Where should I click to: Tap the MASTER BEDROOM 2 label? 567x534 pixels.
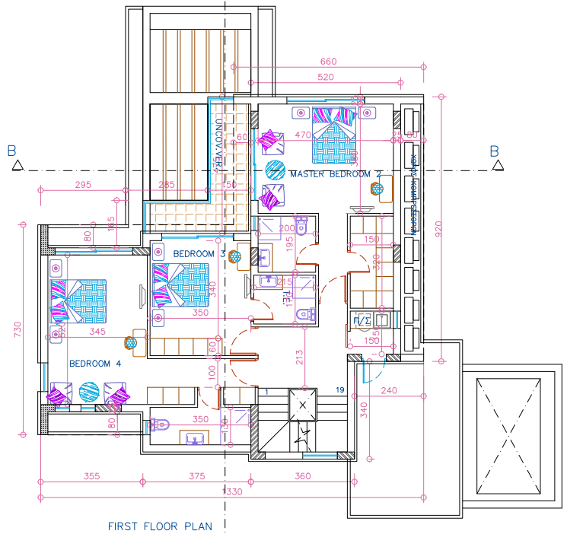pyautogui.click(x=336, y=174)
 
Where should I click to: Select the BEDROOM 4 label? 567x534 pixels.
pyautogui.click(x=95, y=363)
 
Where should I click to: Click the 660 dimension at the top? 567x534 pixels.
pyautogui.click(x=328, y=62)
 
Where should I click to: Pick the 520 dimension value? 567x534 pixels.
pyautogui.click(x=325, y=78)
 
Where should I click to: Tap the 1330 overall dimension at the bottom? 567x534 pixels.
pyautogui.click(x=232, y=493)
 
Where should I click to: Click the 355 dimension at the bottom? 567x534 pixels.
pyautogui.click(x=92, y=476)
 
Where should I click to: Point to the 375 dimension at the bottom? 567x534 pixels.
pyautogui.click(x=196, y=476)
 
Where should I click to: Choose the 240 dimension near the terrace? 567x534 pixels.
pyautogui.click(x=390, y=391)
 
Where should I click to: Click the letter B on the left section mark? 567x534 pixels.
pyautogui.click(x=11, y=151)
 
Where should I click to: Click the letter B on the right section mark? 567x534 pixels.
pyautogui.click(x=494, y=151)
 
